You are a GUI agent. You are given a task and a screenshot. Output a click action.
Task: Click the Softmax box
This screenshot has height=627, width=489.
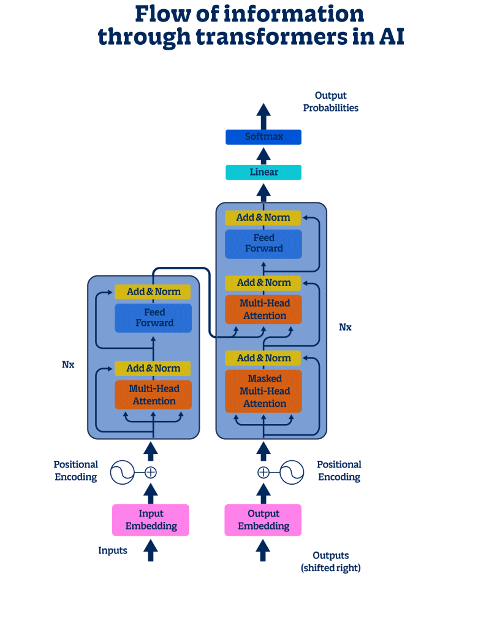tap(263, 137)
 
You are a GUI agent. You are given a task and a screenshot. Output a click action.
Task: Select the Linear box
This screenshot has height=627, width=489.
tap(263, 172)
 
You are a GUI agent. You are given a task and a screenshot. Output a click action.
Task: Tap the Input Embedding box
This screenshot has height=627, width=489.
tap(151, 520)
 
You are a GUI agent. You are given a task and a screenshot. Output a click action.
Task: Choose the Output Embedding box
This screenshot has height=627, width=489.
tap(263, 520)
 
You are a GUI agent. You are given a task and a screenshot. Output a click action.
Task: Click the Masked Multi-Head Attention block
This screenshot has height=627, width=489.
tap(263, 391)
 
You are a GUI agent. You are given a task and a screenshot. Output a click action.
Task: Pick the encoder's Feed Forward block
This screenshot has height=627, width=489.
tap(154, 318)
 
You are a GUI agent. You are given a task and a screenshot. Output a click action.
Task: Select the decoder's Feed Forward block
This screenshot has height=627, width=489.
tap(263, 244)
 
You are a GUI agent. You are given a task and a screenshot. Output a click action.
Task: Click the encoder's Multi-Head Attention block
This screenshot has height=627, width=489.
tap(153, 395)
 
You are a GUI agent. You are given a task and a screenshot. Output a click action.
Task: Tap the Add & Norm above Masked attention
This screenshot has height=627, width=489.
tap(263, 358)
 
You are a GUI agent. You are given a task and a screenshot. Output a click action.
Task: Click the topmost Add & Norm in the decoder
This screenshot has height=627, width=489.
tap(263, 218)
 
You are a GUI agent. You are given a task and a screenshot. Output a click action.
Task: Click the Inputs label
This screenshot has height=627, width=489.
tap(113, 550)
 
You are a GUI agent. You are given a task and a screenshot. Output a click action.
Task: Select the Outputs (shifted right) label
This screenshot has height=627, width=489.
tap(331, 562)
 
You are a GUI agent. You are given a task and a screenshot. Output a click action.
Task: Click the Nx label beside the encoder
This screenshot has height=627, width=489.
tap(68, 364)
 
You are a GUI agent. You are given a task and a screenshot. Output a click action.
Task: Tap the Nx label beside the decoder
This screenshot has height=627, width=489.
tap(346, 327)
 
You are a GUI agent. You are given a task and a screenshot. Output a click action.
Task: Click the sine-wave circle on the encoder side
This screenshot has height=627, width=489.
tap(122, 472)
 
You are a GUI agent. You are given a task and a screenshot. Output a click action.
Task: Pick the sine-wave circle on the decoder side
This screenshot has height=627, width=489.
tap(292, 472)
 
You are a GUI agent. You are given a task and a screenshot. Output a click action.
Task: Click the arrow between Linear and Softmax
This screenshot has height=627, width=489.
tap(263, 155)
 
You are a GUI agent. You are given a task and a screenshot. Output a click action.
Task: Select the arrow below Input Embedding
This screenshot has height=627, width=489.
tap(150, 550)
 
